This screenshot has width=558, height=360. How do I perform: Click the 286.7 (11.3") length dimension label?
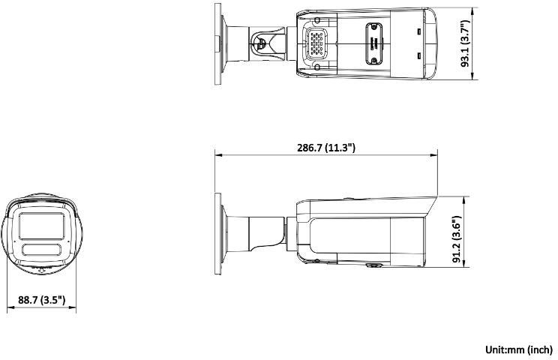click(326, 148)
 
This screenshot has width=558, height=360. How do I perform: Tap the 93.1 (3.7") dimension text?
click(466, 43)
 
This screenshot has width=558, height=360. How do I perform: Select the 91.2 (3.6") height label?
click(457, 239)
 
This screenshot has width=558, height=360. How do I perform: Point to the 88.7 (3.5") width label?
click(42, 300)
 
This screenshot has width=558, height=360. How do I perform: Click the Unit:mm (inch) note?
click(519, 349)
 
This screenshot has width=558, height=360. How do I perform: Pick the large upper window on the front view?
click(42, 226)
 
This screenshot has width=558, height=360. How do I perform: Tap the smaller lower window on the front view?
click(41, 250)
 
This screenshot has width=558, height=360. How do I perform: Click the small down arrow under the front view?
click(42, 271)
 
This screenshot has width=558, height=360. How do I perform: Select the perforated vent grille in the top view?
click(316, 43)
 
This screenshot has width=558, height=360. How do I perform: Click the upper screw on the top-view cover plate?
click(373, 27)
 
